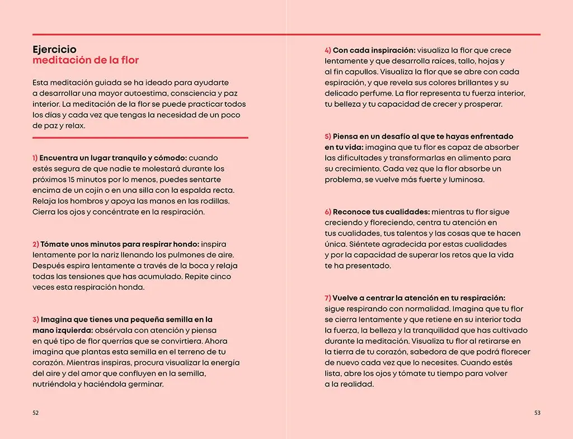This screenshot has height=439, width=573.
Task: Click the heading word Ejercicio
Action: click(x=54, y=50)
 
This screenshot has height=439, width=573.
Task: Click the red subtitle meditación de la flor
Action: click(x=86, y=60)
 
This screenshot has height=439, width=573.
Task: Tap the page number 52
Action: click(x=35, y=413)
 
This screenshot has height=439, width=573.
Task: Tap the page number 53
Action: click(x=537, y=413)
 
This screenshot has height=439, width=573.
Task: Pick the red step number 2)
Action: click(x=36, y=244)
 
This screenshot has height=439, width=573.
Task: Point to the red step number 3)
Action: click(x=36, y=320)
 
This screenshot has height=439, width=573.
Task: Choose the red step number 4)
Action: click(x=328, y=50)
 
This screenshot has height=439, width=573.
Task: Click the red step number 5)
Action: click(x=328, y=136)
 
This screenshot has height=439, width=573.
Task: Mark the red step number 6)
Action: click(x=328, y=212)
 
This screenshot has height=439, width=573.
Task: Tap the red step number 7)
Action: click(x=328, y=298)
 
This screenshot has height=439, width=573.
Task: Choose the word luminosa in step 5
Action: click(x=465, y=180)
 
